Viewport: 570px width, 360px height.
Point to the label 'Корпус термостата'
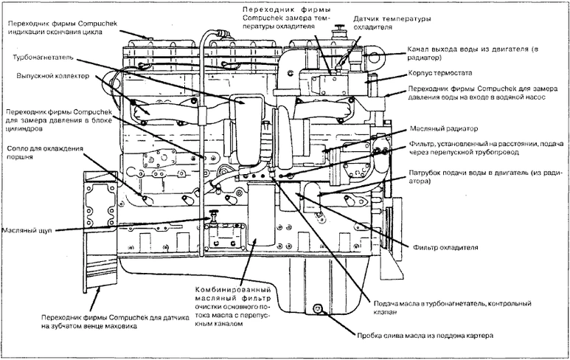439,75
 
